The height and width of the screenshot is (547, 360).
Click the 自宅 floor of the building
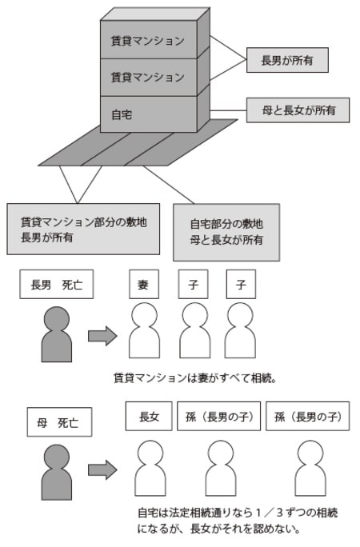148,114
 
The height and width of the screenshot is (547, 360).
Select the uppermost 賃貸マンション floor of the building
148,40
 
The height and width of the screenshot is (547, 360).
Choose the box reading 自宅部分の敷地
226,232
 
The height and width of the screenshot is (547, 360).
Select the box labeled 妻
144,284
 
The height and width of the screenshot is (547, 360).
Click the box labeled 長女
149,417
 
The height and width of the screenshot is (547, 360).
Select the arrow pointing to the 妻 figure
102,335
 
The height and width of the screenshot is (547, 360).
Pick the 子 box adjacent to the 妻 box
192,284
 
